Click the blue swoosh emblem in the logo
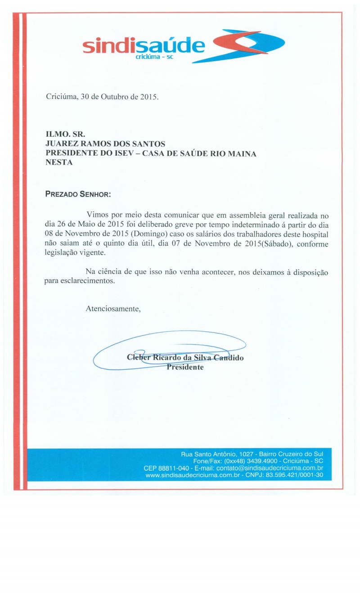pyautogui.click(x=248, y=45)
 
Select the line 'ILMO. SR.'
pyautogui.click(x=65, y=134)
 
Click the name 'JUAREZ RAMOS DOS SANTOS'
pyautogui.click(x=105, y=144)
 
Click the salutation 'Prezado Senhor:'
pyautogui.click(x=78, y=194)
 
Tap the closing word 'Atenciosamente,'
pyautogui.click(x=113, y=309)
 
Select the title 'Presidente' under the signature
pyautogui.click(x=185, y=367)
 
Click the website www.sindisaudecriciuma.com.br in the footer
pyautogui.click(x=192, y=475)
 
